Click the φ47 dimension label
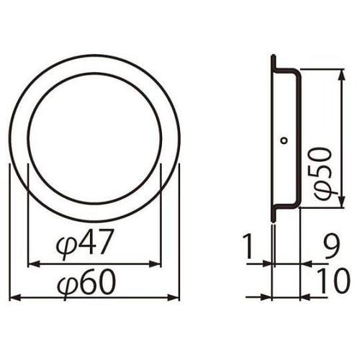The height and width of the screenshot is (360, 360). click(x=85, y=246)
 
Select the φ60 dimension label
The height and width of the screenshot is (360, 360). click(x=85, y=283)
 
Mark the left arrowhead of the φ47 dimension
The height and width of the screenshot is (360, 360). click(x=30, y=264)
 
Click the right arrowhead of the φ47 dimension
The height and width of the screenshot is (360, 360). click(x=156, y=264)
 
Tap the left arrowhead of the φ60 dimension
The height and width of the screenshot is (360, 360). click(x=12, y=297)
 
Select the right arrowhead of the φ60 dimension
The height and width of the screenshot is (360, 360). click(x=175, y=297)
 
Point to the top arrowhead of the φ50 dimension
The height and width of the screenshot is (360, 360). click(x=338, y=73)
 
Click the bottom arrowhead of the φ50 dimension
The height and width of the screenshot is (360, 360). click(x=338, y=204)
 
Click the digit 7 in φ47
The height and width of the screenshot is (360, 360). click(x=105, y=245)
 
